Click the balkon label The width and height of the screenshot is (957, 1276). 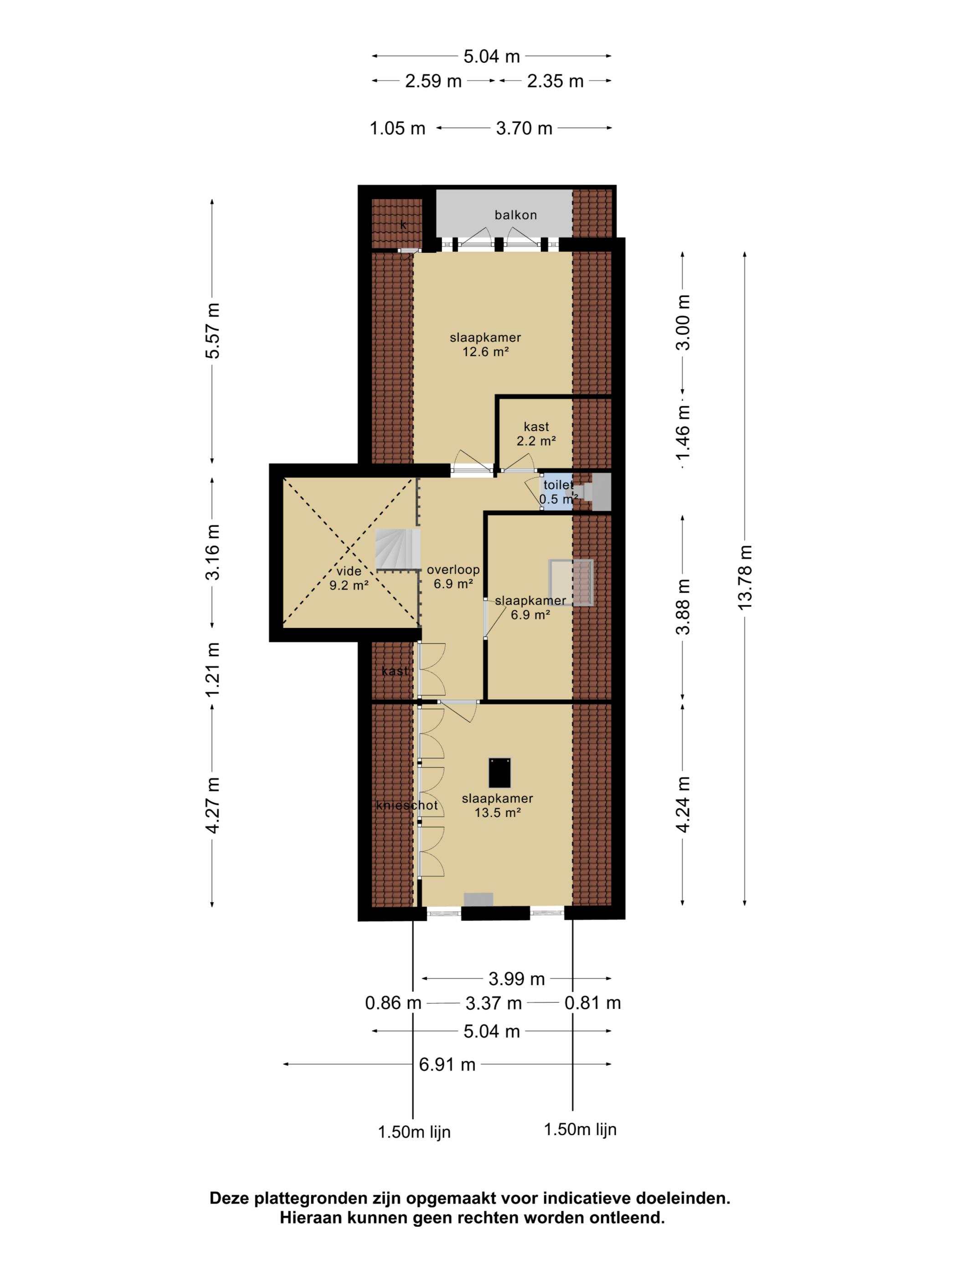[515, 215]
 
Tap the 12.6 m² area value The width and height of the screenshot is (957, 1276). [485, 351]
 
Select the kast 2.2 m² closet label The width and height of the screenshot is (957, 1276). [536, 434]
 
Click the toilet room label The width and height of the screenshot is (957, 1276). [558, 485]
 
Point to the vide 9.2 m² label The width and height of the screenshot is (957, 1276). [349, 578]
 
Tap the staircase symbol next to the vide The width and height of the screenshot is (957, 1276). [397, 551]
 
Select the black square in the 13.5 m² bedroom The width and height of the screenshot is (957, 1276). [499, 772]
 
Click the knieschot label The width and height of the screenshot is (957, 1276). [406, 805]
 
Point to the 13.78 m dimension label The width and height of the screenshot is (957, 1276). [745, 577]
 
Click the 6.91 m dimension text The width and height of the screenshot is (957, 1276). [447, 1064]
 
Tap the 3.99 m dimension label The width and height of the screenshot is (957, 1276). [516, 978]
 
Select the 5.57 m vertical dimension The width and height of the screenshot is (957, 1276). [213, 330]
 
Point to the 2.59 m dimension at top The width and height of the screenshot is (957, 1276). [433, 81]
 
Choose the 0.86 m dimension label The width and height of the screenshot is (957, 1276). [393, 1003]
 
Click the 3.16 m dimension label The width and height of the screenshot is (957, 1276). [213, 552]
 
